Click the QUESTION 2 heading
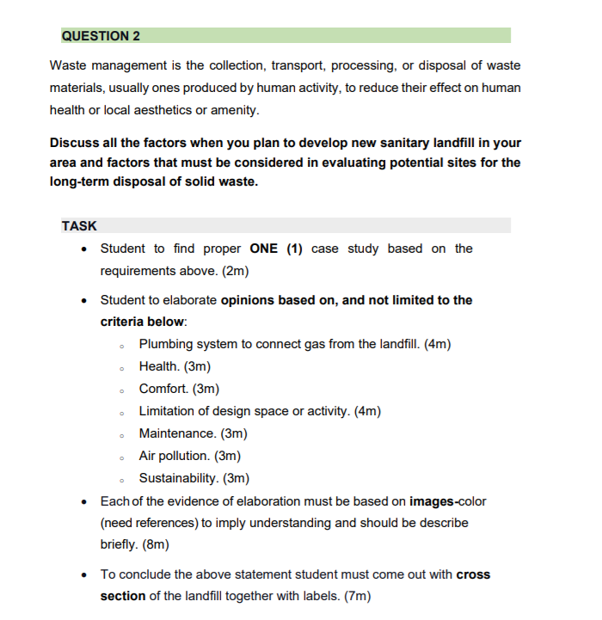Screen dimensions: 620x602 pos(101,36)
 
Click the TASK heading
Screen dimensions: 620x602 pos(79,226)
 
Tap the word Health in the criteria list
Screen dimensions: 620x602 pos(159,366)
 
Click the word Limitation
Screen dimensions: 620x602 pos(168,411)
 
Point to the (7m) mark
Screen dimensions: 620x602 pos(353,596)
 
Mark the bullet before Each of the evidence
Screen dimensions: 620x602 pos(83,501)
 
